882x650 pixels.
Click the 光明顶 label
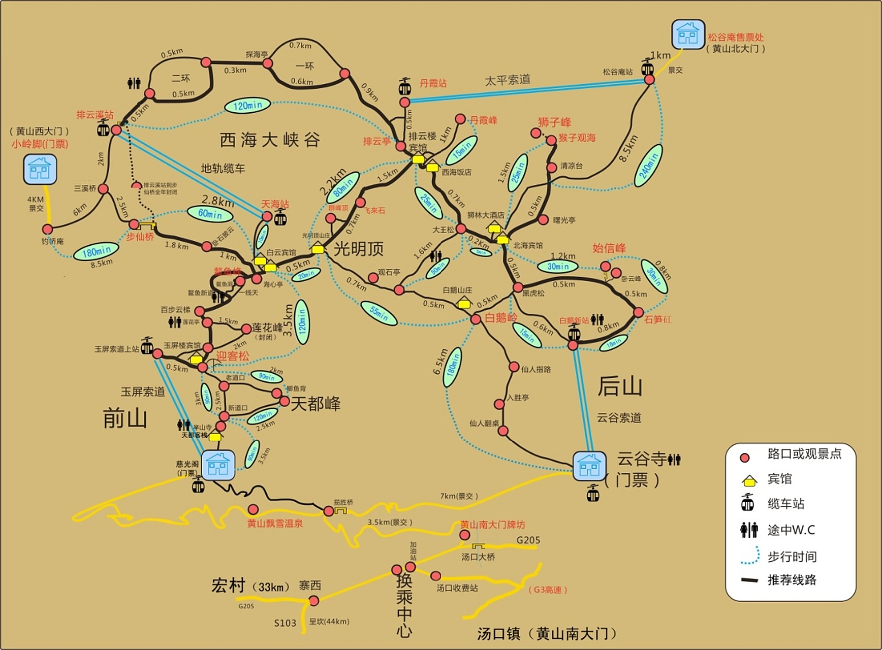[358, 249]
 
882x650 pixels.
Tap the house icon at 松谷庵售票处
[688, 35]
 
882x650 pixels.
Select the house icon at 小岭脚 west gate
[40, 169]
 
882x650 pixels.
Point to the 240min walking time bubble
[649, 165]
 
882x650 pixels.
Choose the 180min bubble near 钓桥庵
[96, 251]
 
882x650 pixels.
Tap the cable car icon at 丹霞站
[404, 87]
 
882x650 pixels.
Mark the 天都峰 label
[315, 404]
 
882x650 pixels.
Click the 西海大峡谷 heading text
[270, 140]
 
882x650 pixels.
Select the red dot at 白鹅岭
[476, 319]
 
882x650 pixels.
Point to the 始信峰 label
[609, 248]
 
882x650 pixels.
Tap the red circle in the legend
[745, 458]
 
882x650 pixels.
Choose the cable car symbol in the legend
[747, 503]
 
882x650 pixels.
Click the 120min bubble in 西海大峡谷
[248, 106]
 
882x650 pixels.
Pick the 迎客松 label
[233, 356]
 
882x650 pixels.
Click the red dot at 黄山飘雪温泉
[253, 509]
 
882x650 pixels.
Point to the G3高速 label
[548, 590]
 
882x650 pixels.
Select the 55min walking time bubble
[379, 313]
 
